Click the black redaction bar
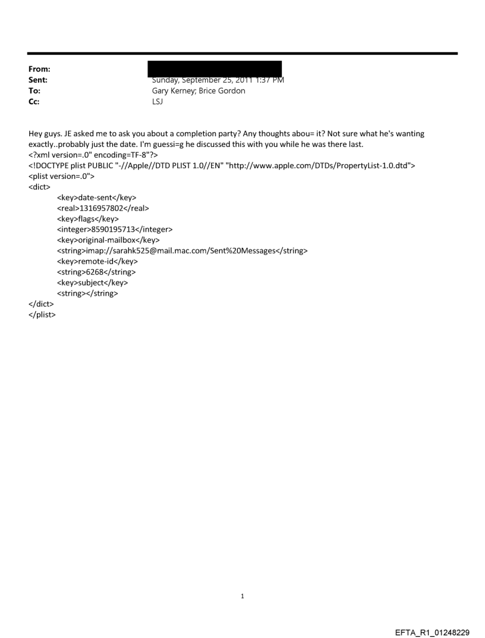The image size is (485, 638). click(x=215, y=68)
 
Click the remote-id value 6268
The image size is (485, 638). click(x=96, y=272)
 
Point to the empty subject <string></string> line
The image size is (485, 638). click(x=87, y=293)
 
